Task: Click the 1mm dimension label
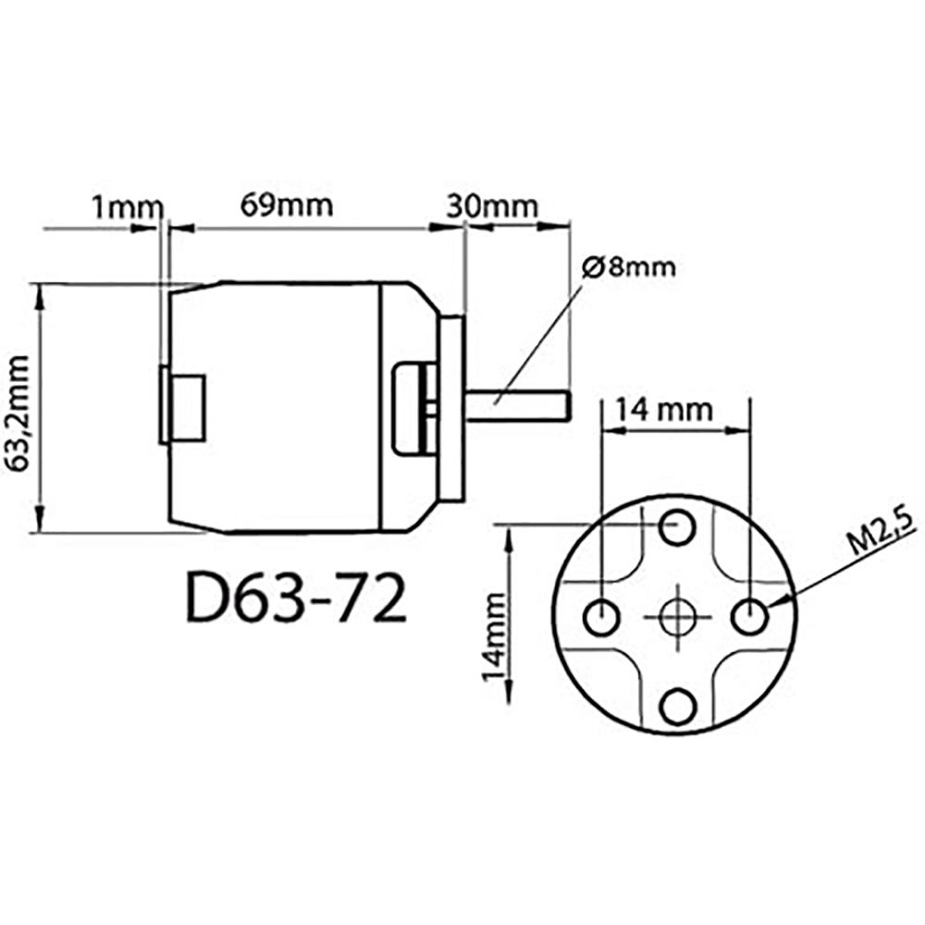point(126,207)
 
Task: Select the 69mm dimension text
point(287,205)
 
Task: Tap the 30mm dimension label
point(492,206)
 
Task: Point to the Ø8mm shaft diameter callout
point(628,267)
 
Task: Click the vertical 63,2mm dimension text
point(19,413)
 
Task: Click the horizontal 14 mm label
point(663,410)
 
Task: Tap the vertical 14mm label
point(494,637)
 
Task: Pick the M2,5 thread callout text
point(882,533)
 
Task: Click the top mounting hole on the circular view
point(677,527)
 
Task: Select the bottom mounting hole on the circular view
point(677,707)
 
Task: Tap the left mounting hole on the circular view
point(601,617)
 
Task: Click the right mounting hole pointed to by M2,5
point(750,617)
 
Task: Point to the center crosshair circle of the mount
point(677,617)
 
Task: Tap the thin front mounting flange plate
point(452,407)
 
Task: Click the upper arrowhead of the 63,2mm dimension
point(40,296)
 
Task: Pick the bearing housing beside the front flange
point(416,409)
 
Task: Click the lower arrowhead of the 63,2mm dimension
point(40,520)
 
